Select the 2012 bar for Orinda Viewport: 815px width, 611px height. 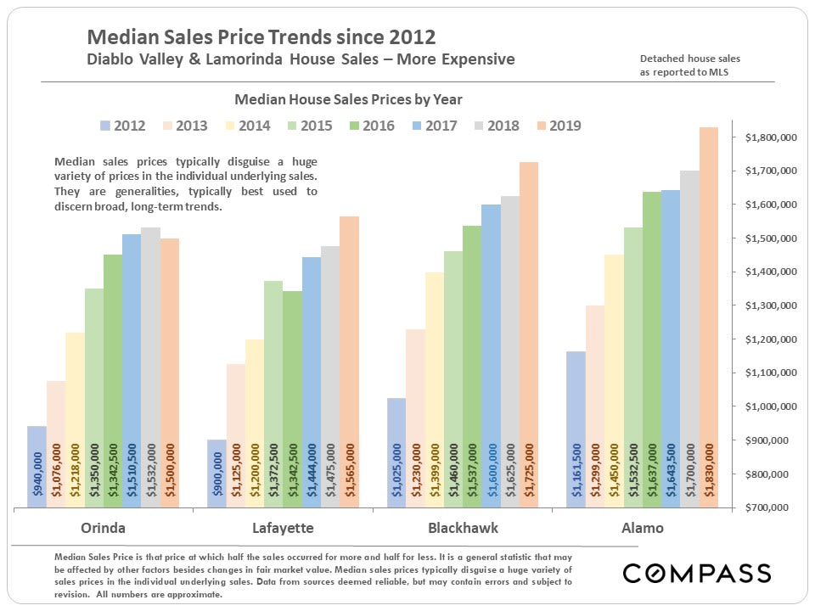click(x=37, y=467)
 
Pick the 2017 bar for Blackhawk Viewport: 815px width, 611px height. click(x=492, y=356)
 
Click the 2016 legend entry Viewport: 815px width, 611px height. click(x=370, y=126)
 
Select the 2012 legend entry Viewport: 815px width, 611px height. click(x=121, y=126)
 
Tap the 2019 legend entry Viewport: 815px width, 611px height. click(x=557, y=126)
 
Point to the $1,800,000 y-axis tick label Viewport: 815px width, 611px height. click(x=769, y=137)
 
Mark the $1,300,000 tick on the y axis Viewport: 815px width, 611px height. click(x=769, y=305)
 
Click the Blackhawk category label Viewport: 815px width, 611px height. click(x=463, y=528)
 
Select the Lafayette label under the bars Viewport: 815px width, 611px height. click(x=283, y=528)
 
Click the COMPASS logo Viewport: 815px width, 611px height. click(x=697, y=573)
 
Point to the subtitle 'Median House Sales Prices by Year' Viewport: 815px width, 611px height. click(x=348, y=99)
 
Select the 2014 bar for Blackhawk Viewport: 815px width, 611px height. click(x=434, y=390)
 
